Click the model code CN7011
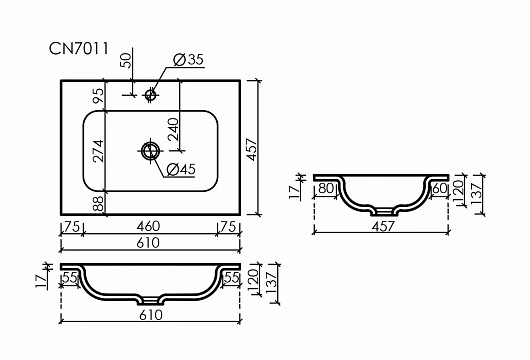[x=79, y=48]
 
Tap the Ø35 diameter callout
[x=188, y=59]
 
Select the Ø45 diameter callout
[x=181, y=169]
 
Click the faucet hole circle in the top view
[x=150, y=95]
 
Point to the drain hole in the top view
[x=150, y=151]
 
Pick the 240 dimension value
[x=173, y=129]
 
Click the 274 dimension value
[x=98, y=151]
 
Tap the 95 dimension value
[x=98, y=96]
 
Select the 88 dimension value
[x=98, y=203]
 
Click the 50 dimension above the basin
[x=126, y=60]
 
